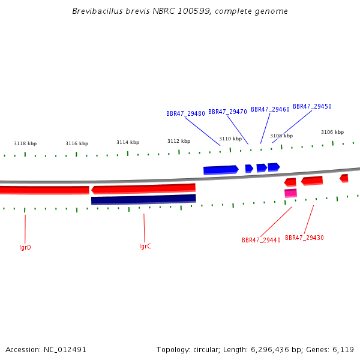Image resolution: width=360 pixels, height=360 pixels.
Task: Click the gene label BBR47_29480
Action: click(185, 113)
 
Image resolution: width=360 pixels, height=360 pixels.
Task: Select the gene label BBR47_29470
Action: click(227, 112)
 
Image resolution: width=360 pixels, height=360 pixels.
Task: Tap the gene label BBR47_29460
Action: click(270, 110)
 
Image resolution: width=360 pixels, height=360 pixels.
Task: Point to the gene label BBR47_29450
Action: click(312, 107)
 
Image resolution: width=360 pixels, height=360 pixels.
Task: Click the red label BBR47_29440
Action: click(261, 240)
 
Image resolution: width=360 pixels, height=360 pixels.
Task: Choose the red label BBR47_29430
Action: click(304, 238)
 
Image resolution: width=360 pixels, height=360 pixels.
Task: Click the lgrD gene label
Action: click(25, 247)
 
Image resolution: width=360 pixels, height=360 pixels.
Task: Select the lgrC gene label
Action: click(145, 247)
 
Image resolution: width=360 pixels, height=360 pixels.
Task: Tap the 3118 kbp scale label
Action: click(25, 144)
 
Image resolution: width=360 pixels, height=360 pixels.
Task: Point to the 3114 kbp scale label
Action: click(128, 143)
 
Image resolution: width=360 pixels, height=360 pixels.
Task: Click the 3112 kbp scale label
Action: click(179, 141)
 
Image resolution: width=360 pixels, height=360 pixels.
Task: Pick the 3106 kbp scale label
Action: click(332, 132)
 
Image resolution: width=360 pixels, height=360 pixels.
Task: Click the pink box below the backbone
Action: click(290, 193)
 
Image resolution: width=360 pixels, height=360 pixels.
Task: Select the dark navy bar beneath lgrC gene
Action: click(144, 199)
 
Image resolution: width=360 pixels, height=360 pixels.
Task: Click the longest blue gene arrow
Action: click(221, 170)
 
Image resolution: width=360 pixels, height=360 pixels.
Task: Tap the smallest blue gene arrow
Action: click(249, 169)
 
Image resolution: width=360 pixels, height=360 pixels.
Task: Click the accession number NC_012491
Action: click(65, 350)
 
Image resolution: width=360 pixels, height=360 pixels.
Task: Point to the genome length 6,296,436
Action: click(269, 350)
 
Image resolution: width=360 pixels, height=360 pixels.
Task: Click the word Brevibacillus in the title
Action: click(98, 11)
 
